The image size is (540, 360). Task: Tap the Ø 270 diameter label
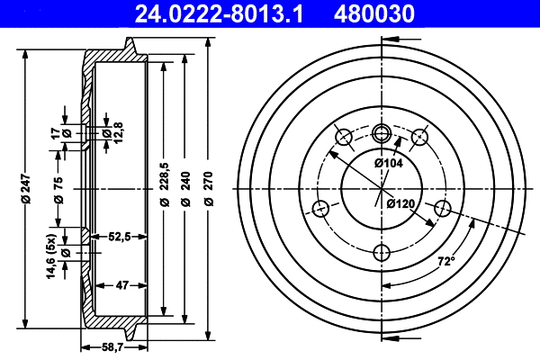(x=209, y=190)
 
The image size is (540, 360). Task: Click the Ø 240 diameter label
(x=186, y=190)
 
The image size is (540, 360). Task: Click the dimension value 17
(x=55, y=133)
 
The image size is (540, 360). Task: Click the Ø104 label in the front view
(x=388, y=163)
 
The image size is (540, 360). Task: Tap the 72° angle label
(x=445, y=262)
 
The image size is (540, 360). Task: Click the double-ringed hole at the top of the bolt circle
(x=381, y=134)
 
